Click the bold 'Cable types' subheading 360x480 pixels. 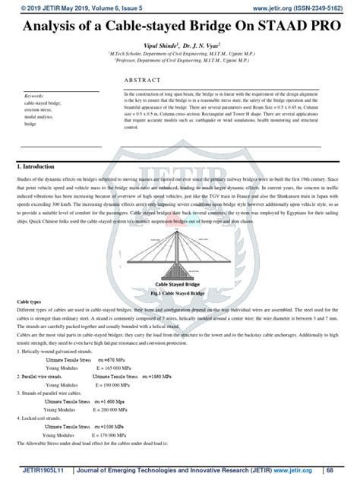pyautogui.click(x=30, y=302)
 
